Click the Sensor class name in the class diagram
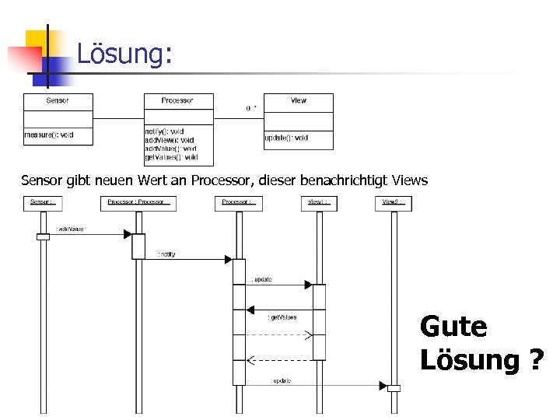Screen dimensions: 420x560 58,100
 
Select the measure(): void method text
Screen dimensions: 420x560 49,135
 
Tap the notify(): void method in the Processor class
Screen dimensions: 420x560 165,131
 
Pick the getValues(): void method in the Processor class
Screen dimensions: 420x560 171,157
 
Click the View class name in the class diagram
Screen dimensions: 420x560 299,100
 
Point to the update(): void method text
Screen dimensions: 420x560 287,138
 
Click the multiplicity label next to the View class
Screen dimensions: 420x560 252,108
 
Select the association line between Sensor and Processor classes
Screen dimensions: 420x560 117,118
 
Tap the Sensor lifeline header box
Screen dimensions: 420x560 43,203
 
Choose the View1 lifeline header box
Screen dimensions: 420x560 319,203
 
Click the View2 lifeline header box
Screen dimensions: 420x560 393,203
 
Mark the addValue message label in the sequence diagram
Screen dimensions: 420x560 70,229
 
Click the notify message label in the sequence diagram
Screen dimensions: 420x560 166,254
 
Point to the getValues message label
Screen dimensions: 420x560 282,317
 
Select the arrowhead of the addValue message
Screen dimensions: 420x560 128,234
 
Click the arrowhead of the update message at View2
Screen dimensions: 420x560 383,386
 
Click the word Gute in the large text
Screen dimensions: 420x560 453,327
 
